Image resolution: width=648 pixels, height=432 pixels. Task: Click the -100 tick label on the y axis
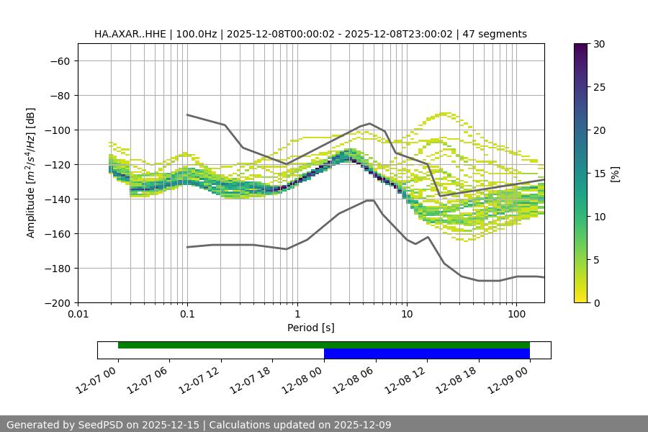coord(58,130)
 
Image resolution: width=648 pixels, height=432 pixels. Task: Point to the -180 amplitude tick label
coord(58,268)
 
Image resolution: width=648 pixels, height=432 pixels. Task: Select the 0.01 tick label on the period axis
coord(78,314)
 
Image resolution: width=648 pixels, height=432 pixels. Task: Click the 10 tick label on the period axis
coord(407,314)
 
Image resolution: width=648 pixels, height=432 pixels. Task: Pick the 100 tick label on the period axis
coord(516,314)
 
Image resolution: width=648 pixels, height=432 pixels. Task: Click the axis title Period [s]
coord(311,328)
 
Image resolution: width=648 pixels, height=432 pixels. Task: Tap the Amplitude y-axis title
coord(31,173)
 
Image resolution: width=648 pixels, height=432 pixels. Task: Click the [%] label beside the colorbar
coord(615,174)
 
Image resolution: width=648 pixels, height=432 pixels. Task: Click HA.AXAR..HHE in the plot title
coord(130,34)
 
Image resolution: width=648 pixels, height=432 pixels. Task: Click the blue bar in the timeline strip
coord(427,354)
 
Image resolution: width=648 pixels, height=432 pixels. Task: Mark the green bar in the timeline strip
coord(324,345)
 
